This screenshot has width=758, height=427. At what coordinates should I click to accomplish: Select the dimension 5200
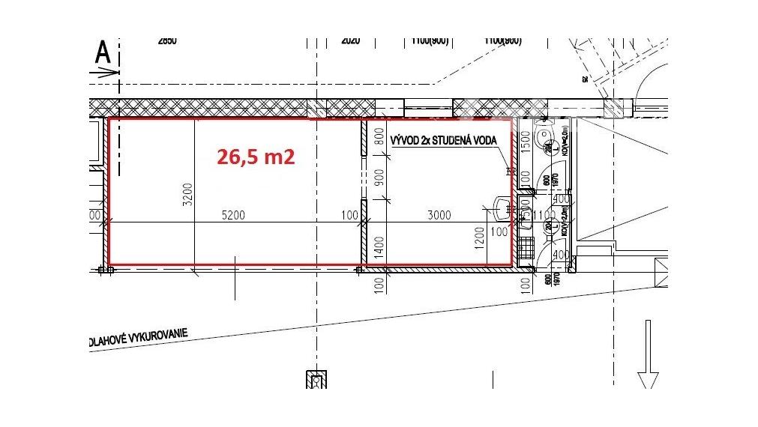pyautogui.click(x=233, y=216)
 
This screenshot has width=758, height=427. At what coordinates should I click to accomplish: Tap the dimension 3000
pyautogui.click(x=439, y=216)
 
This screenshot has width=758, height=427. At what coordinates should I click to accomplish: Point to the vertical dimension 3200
pyautogui.click(x=188, y=196)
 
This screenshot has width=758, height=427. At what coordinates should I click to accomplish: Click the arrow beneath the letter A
pyautogui.click(x=105, y=73)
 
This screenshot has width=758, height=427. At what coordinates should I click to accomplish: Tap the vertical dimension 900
pyautogui.click(x=379, y=178)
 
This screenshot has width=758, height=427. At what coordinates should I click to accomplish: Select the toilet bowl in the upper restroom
pyautogui.click(x=544, y=137)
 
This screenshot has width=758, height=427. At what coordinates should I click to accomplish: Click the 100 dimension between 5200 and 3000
pyautogui.click(x=349, y=216)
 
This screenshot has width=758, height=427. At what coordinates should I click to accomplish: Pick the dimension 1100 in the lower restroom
pyautogui.click(x=545, y=216)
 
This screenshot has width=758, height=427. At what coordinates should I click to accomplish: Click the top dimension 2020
pyautogui.click(x=351, y=41)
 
